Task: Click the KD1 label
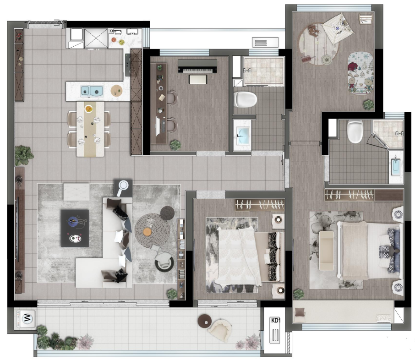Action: (x=275, y=320)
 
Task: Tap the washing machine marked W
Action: (x=26, y=318)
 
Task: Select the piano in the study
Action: (x=197, y=66)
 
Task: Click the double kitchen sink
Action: (x=92, y=91)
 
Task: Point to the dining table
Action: (x=90, y=129)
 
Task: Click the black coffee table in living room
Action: (x=75, y=228)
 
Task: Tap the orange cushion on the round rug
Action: (x=147, y=232)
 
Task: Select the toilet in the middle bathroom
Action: (x=246, y=99)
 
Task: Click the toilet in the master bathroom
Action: (x=355, y=131)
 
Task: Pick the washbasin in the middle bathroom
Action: (x=243, y=136)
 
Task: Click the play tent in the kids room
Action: (x=339, y=28)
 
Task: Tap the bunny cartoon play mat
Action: (x=361, y=73)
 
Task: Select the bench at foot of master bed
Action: (x=326, y=251)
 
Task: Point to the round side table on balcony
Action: (x=204, y=321)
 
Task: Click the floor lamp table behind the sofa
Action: (x=123, y=188)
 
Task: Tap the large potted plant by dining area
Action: (x=24, y=155)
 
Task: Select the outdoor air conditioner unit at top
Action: (x=265, y=42)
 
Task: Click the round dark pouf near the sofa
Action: (x=167, y=213)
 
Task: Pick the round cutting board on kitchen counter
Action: (x=116, y=91)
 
